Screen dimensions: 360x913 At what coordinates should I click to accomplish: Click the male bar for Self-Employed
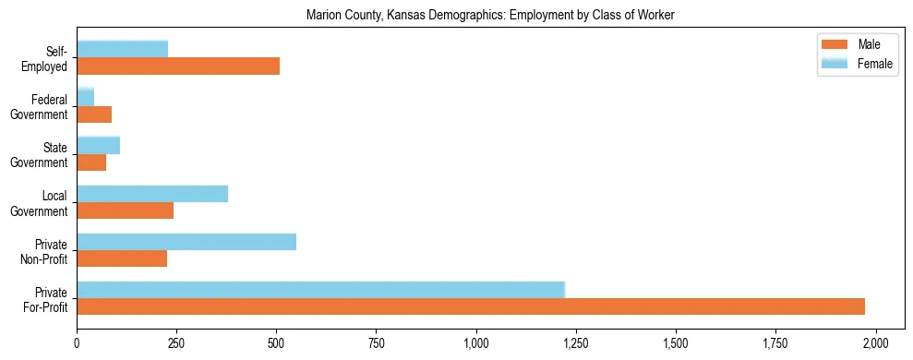tap(178, 66)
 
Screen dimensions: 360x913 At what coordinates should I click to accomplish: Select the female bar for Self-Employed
tap(123, 49)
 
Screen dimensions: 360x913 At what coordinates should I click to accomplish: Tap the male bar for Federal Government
tap(94, 114)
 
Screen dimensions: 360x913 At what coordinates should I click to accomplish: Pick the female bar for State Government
tap(99, 145)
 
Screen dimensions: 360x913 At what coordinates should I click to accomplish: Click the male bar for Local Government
tap(126, 210)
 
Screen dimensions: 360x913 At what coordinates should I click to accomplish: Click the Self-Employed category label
tap(51, 58)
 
